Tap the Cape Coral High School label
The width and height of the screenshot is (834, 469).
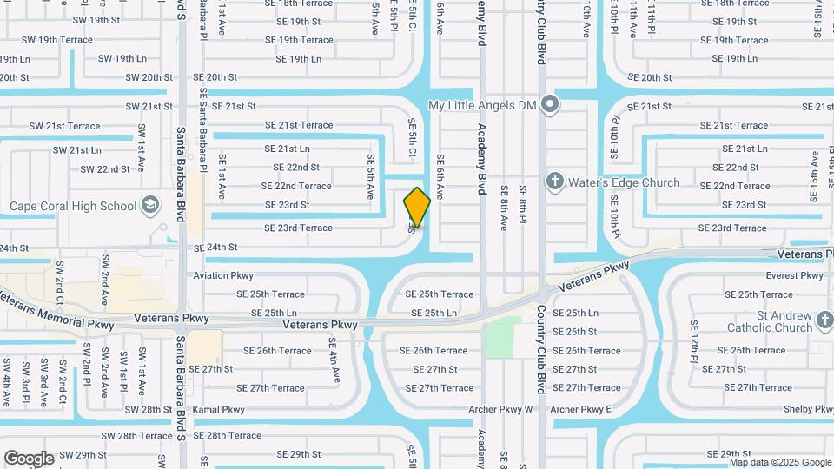[x=73, y=207]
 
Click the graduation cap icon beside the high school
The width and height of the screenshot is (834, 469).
[x=151, y=206]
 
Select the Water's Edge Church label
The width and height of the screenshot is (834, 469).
[x=624, y=182]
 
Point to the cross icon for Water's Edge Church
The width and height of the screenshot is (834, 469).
[x=554, y=182]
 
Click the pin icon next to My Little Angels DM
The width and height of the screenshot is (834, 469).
[x=549, y=105]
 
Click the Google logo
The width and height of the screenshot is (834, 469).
[x=28, y=459]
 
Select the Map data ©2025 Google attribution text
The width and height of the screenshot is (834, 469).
[x=780, y=462]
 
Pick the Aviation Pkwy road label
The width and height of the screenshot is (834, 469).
[x=223, y=275]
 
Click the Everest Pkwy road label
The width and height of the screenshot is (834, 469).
[x=794, y=275]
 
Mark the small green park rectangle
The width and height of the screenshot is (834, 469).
[x=500, y=339]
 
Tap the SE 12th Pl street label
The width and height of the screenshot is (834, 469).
[x=694, y=340]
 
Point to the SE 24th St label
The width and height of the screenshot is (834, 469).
[x=215, y=248]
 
